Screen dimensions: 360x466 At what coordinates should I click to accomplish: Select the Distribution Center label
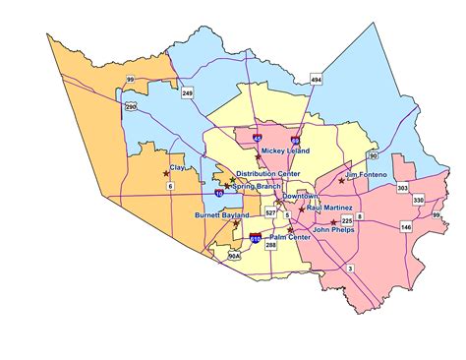click(267, 173)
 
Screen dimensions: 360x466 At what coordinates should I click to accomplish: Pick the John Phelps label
click(333, 229)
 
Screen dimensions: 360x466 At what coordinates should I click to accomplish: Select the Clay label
click(177, 168)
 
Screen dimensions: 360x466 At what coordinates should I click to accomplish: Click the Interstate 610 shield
click(257, 238)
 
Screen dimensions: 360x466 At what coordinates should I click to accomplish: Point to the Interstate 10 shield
click(218, 195)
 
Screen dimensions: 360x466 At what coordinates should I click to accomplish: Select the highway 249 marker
click(187, 93)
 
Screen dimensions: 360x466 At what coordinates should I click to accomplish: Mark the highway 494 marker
click(316, 79)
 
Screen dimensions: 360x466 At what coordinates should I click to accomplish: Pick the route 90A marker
click(233, 255)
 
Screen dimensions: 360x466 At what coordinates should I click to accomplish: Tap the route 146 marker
click(406, 226)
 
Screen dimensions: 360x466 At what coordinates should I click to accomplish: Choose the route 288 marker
click(271, 244)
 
